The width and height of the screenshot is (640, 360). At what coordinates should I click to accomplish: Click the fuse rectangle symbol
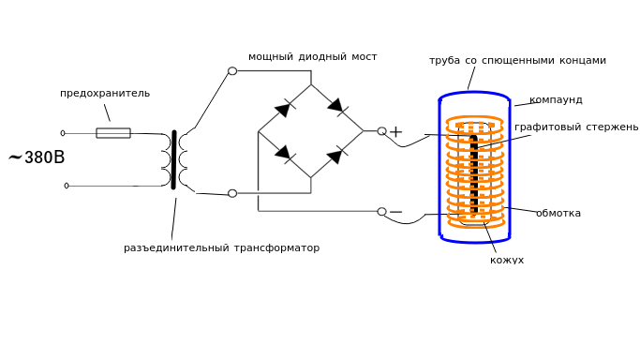[x=113, y=133]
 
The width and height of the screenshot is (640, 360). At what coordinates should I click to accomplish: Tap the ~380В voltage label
[x=37, y=157]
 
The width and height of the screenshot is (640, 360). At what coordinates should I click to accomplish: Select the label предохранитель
[x=105, y=94]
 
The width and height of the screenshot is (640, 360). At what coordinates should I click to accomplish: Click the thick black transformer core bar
[x=174, y=159]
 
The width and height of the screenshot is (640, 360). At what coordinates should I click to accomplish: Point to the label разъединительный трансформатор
[x=222, y=247]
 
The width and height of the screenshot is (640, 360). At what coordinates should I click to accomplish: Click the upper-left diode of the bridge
[x=284, y=109]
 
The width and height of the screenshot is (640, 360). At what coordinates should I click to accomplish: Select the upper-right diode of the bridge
[x=336, y=106]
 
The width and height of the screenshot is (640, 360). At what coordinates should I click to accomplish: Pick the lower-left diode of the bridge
[x=284, y=153]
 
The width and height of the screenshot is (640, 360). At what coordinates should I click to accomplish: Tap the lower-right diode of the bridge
[x=336, y=156]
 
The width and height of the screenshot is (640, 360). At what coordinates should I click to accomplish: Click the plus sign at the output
[x=395, y=132]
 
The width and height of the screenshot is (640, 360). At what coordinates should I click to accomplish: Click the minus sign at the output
[x=396, y=212]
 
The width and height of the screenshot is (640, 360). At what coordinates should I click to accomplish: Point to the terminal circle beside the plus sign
[x=381, y=131]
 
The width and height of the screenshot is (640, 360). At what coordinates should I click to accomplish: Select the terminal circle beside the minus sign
[x=381, y=212]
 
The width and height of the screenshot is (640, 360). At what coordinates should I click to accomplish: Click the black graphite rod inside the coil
[x=474, y=174]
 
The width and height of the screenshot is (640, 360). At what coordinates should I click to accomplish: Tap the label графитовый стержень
[x=576, y=127]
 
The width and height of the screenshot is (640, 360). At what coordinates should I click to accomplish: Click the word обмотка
[x=558, y=213]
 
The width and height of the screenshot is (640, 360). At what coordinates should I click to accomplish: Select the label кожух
[x=507, y=260]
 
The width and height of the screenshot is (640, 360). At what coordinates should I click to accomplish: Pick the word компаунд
[x=556, y=100]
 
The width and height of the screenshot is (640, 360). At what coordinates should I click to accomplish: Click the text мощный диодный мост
[x=313, y=57]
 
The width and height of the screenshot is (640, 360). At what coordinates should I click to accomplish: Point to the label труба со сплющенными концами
[x=517, y=60]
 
